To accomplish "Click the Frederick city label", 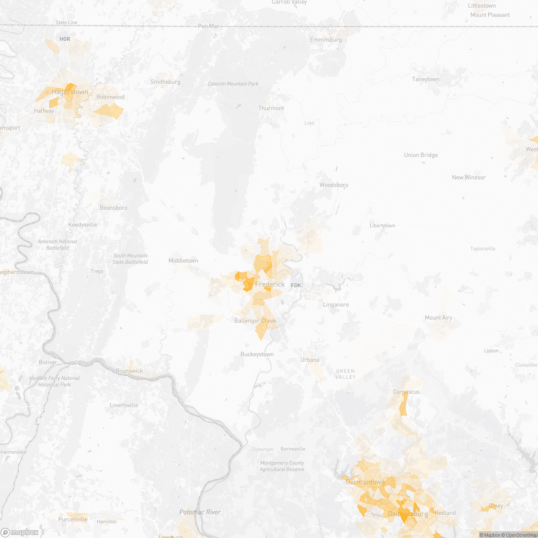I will [x=270, y=284].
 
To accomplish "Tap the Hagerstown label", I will [x=70, y=92].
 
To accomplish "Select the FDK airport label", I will [x=296, y=285].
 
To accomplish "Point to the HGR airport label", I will [x=65, y=39].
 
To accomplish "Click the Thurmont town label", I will [x=271, y=108].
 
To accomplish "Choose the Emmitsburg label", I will [x=326, y=40].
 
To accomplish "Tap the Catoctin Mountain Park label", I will [x=233, y=84].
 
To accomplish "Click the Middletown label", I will [x=183, y=260].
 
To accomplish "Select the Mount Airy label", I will [x=438, y=317].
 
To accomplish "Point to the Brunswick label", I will [x=129, y=371].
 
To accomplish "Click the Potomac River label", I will [x=200, y=512].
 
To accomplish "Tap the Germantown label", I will [x=365, y=482].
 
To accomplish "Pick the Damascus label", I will [x=406, y=391].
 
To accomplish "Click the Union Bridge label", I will [x=421, y=155].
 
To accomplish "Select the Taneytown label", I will [x=425, y=79].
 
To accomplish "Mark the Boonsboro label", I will [x=113, y=208].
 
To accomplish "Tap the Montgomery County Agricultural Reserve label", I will [x=282, y=466].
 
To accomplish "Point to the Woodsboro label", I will [x=334, y=185].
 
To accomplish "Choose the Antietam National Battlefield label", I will [x=57, y=244].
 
